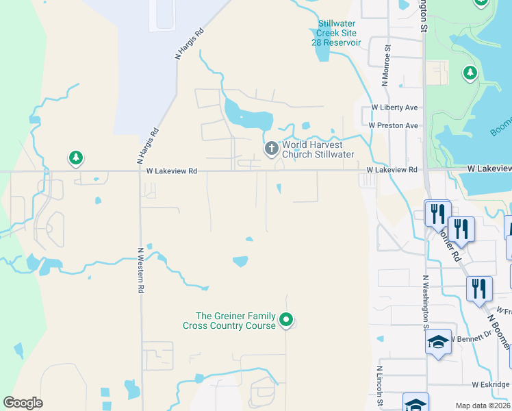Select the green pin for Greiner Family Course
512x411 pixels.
click(x=287, y=320)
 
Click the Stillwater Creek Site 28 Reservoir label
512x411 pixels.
click(x=339, y=33)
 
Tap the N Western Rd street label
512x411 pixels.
click(x=140, y=271)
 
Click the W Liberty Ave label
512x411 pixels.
click(x=394, y=108)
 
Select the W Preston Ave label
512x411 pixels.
click(x=393, y=125)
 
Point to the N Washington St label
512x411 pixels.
click(x=425, y=302)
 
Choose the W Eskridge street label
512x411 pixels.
click(x=491, y=385)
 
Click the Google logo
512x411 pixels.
click(x=23, y=403)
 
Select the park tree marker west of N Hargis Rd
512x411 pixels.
click(x=75, y=159)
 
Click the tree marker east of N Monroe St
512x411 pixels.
click(x=470, y=73)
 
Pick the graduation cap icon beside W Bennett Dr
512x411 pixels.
click(x=438, y=342)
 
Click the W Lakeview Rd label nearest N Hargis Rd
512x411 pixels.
click(x=172, y=171)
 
